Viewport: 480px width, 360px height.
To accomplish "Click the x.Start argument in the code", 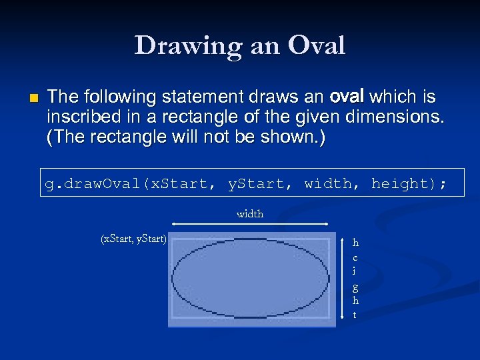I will (179, 183).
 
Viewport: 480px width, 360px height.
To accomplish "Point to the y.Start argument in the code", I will (256, 183).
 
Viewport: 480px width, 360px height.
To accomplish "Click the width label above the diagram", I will (250, 214).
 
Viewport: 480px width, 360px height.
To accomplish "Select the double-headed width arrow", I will (251, 224).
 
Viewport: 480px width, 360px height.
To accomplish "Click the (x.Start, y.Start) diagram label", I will (133, 239).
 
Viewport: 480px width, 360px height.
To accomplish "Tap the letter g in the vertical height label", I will (355, 287).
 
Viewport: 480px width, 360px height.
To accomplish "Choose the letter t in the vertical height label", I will (355, 315).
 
